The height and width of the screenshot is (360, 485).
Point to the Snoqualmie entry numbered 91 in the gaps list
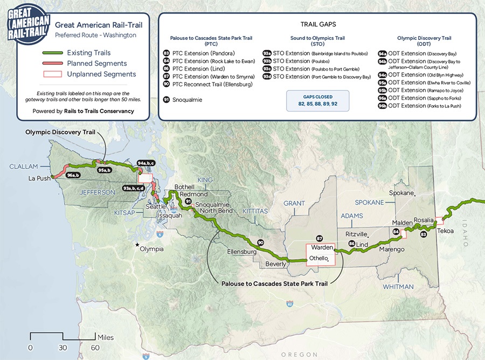[184, 100]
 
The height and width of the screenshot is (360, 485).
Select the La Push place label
[39, 178]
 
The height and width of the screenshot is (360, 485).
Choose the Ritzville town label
[356, 234]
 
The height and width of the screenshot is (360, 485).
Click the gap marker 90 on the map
[260, 243]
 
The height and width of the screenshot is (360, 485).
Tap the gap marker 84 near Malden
[397, 232]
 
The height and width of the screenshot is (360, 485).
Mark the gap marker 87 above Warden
[319, 238]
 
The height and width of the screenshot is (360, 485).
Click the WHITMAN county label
[399, 287]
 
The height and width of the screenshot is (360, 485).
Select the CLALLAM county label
[24, 167]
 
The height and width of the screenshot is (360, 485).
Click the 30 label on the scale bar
[63, 348]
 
